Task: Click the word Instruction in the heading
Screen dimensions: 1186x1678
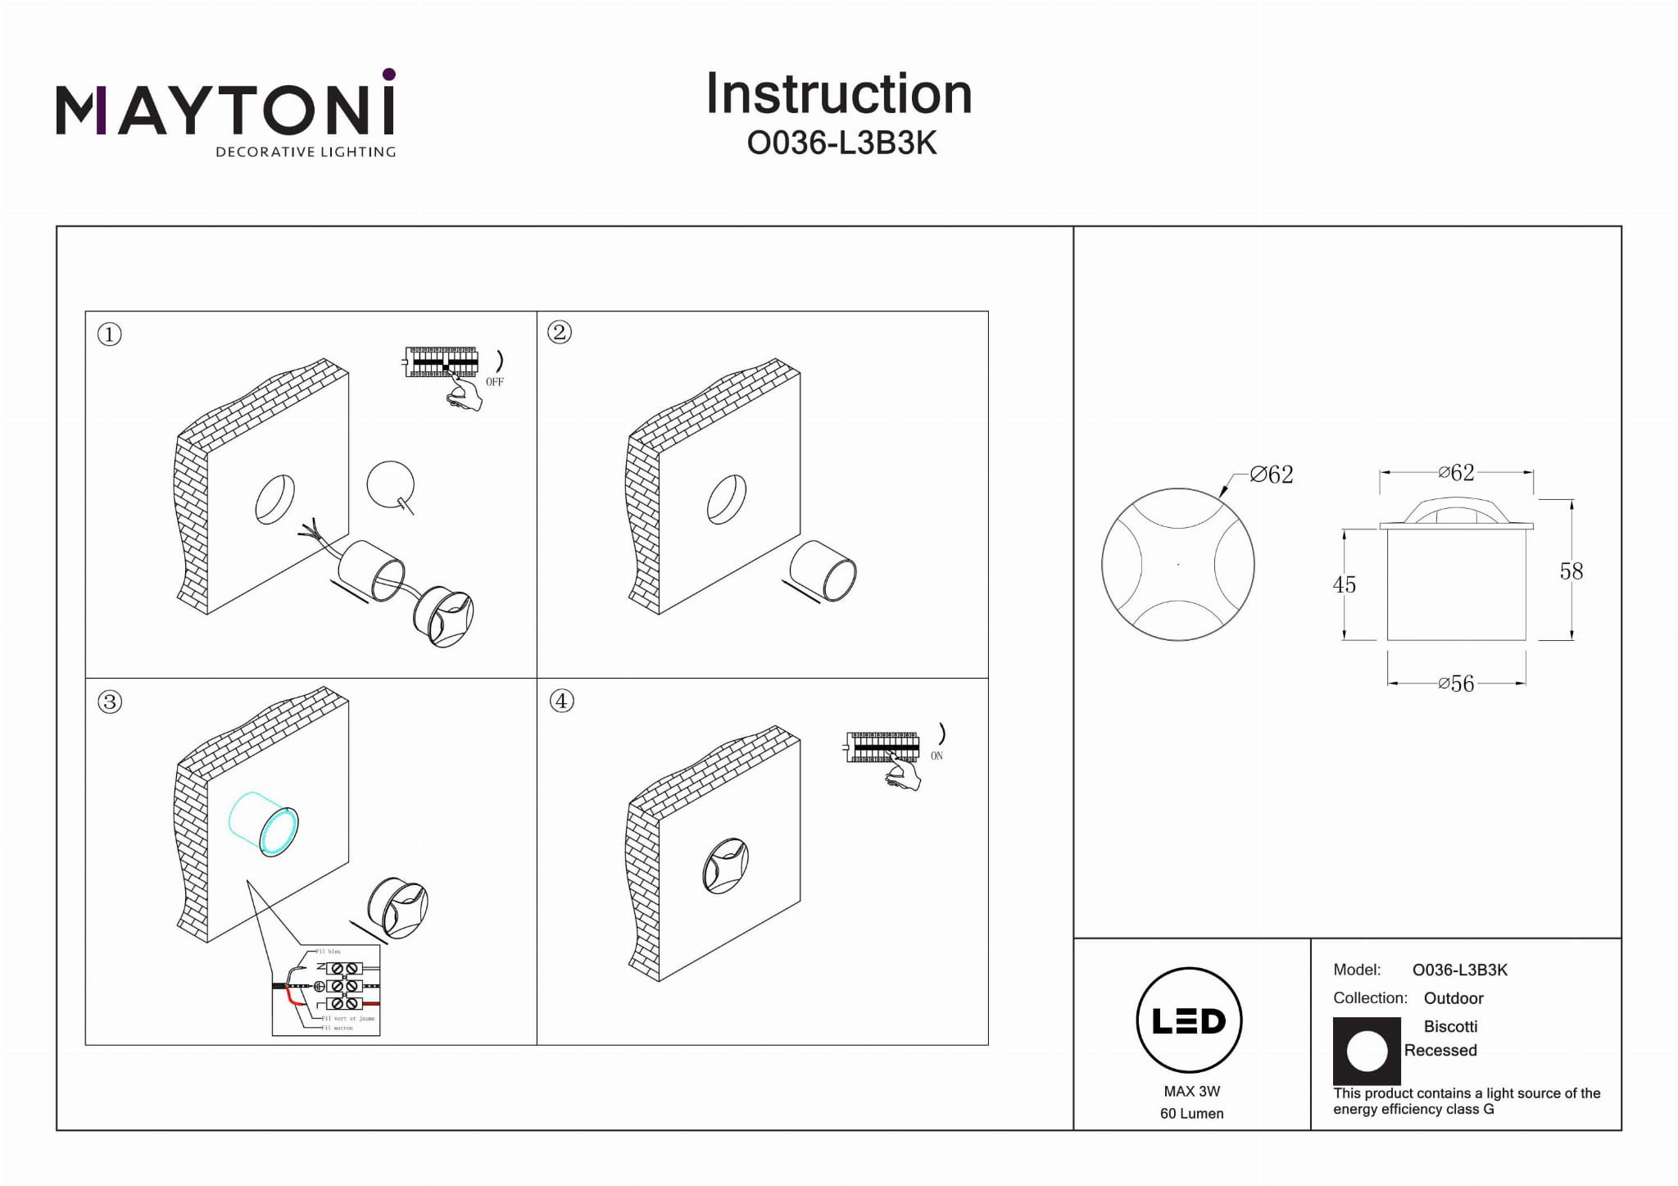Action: click(838, 93)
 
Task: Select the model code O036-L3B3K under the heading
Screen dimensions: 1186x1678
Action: click(841, 143)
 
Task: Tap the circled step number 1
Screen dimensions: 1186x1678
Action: click(109, 334)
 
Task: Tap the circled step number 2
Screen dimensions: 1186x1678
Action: click(560, 332)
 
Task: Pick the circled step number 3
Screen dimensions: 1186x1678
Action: click(109, 702)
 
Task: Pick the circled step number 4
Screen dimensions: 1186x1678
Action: click(561, 701)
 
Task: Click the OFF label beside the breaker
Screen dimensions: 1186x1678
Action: click(494, 382)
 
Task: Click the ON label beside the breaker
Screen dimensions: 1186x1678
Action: click(937, 756)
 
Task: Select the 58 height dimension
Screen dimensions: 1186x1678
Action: click(1571, 571)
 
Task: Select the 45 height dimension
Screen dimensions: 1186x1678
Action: click(1344, 584)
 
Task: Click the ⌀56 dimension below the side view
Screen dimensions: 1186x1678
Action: click(1456, 684)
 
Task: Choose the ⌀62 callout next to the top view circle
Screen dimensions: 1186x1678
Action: click(1272, 475)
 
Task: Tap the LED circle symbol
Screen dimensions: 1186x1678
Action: click(1189, 1020)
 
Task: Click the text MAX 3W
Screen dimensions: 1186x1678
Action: click(1191, 1091)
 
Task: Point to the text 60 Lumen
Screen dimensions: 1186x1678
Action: click(1191, 1113)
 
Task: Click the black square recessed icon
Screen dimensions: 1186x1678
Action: click(1366, 1051)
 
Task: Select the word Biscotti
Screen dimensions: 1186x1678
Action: click(1450, 1026)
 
